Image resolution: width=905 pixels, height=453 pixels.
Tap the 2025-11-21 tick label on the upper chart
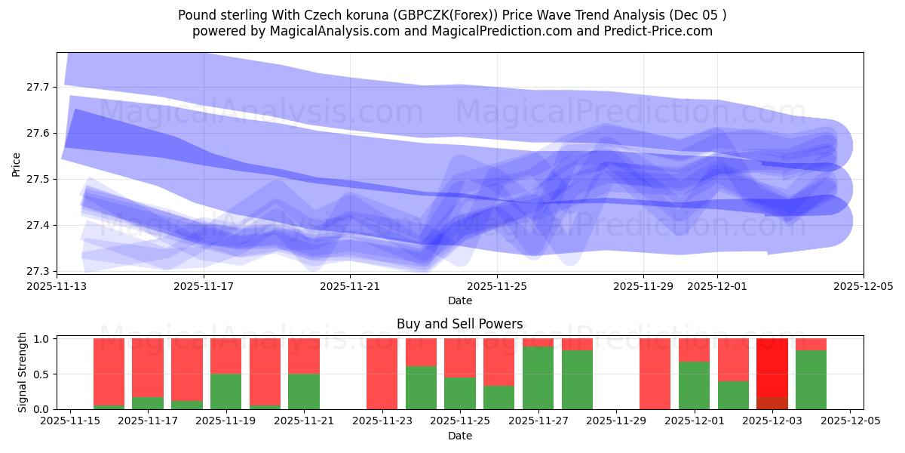pyautogui.click(x=350, y=287)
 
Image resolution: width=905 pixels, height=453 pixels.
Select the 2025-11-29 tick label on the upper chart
pyautogui.click(x=643, y=287)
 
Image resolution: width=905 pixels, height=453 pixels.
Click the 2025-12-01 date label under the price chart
pyautogui.click(x=716, y=287)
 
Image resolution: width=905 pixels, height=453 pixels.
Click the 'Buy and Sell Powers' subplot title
pyautogui.click(x=459, y=324)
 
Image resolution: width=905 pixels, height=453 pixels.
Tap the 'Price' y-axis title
pyautogui.click(x=17, y=163)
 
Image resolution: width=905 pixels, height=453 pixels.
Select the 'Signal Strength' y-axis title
pyautogui.click(x=23, y=372)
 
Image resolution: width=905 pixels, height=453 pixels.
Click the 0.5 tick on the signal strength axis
pyautogui.click(x=42, y=374)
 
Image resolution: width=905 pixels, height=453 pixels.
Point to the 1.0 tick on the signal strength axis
pyautogui.click(x=42, y=339)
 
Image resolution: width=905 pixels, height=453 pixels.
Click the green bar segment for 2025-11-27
pyautogui.click(x=538, y=377)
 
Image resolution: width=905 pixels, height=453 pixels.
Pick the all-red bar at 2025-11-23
pyautogui.click(x=382, y=374)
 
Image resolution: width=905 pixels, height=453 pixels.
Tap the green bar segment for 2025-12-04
pyautogui.click(x=811, y=380)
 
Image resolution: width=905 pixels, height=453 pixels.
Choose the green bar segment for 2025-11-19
pyautogui.click(x=225, y=391)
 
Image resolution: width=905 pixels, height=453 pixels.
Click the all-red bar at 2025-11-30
pyautogui.click(x=655, y=374)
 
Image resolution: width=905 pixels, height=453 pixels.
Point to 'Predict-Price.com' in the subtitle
pyautogui.click(x=652, y=31)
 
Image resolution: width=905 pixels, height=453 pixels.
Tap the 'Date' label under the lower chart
pyautogui.click(x=459, y=436)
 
